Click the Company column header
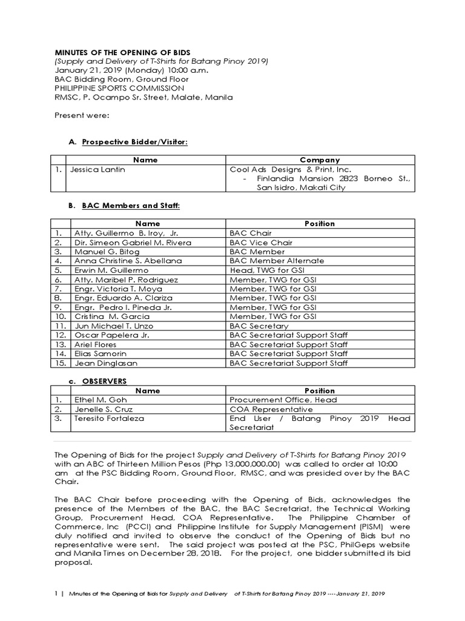(320, 160)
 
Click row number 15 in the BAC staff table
(59, 363)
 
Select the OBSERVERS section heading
(104, 381)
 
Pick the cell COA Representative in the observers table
(271, 409)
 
